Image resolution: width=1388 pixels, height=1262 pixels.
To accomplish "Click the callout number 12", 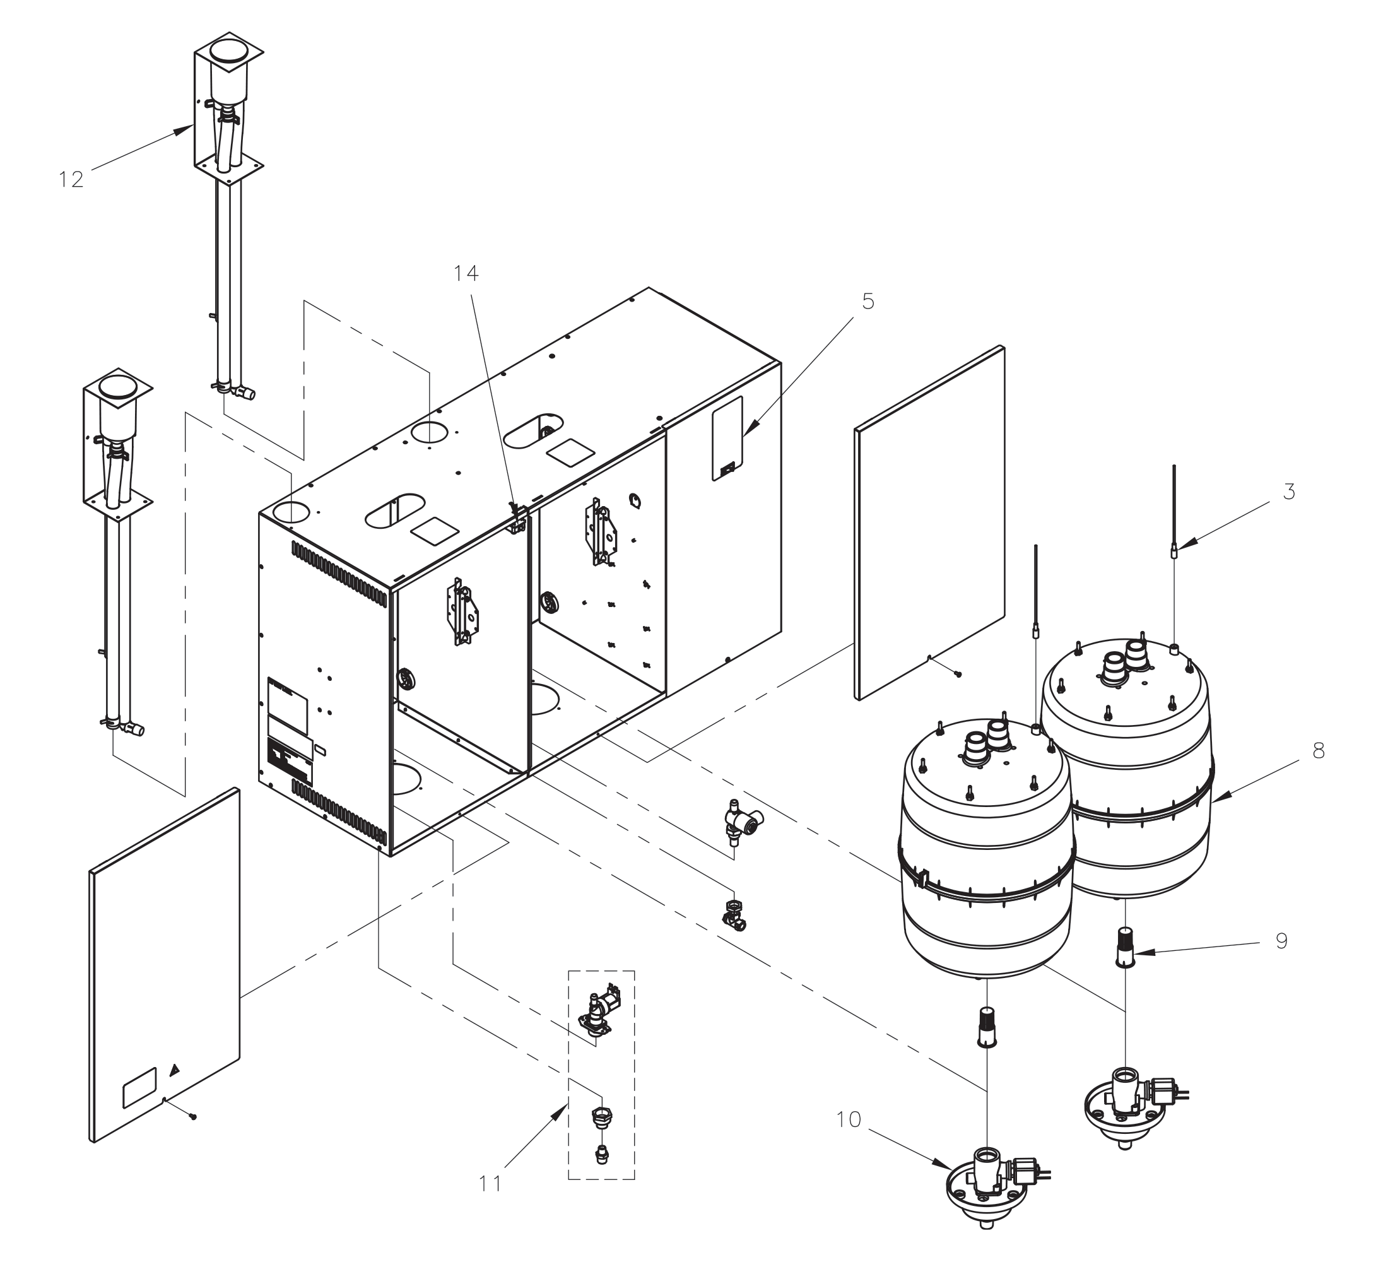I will (x=71, y=180).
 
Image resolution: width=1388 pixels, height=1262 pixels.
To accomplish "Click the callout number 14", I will (x=466, y=273).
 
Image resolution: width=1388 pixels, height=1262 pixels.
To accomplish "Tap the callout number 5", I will (x=867, y=301).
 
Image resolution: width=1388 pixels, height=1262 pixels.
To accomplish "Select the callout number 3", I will (x=1289, y=492).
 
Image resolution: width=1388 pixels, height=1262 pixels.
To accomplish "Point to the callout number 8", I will (x=1318, y=750).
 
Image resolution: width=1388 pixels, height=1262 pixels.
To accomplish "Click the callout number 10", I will (x=848, y=1120).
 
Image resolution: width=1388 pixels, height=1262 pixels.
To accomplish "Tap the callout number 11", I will (x=490, y=1184).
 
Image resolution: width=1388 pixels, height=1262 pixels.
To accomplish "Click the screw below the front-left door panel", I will (x=194, y=1117).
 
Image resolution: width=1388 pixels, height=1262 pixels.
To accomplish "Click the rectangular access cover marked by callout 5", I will (x=727, y=438).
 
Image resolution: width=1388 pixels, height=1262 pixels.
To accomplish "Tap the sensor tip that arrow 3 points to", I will (x=1174, y=551).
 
